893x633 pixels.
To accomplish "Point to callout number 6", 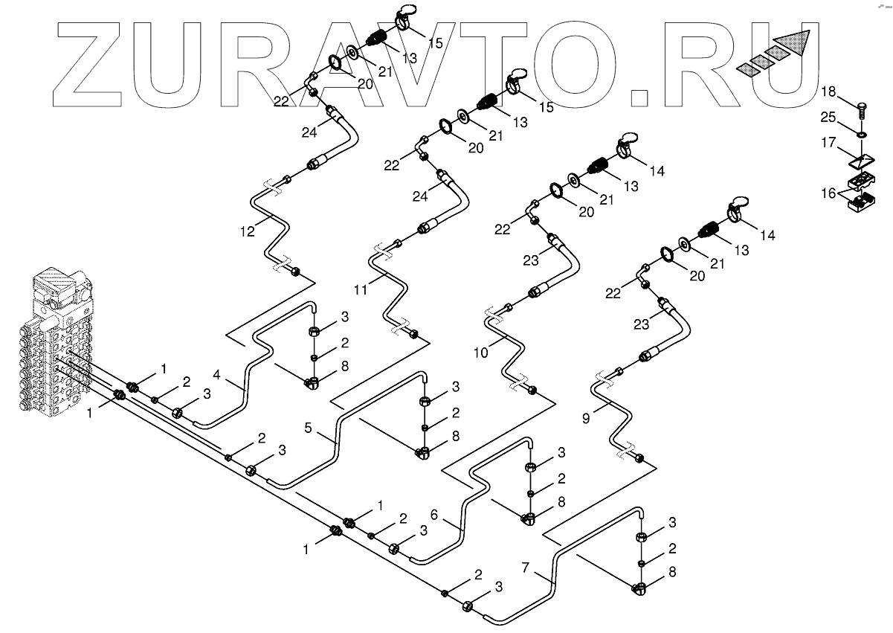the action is pos(434,512).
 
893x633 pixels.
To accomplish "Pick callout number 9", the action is pos(585,419).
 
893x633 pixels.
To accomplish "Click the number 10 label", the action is pos(480,353).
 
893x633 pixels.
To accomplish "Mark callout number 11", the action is pos(360,289).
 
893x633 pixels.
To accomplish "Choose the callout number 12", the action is pos(247,231).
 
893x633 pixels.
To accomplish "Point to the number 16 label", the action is pos(828,192).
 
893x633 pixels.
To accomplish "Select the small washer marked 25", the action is pos(861,135).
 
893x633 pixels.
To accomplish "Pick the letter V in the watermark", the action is pos(468,60).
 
